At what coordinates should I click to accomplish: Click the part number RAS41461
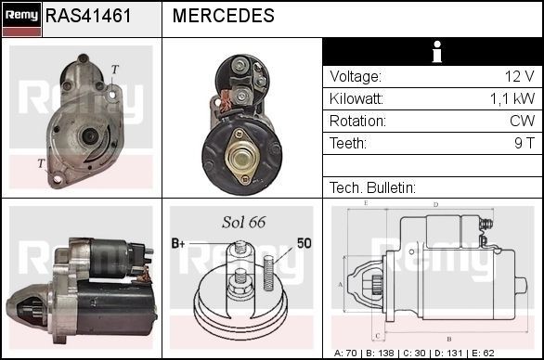point(88,17)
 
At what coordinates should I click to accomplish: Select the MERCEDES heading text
point(223,17)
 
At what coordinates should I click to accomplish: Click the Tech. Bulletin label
point(372,187)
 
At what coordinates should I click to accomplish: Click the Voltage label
point(356,76)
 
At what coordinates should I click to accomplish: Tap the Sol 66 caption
point(243,223)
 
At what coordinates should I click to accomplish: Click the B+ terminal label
point(178,243)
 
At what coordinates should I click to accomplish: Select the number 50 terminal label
point(303,243)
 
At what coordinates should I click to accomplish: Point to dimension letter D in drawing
point(436,203)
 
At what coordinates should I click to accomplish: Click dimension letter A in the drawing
point(341,284)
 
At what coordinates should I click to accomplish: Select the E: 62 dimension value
point(506,354)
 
